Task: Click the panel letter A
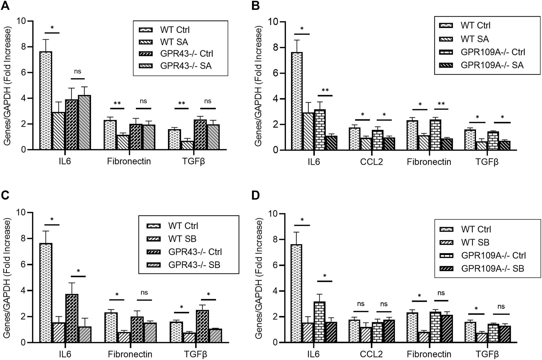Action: (x=5, y=6)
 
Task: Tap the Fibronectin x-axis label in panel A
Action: (x=129, y=161)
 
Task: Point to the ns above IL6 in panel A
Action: (x=78, y=72)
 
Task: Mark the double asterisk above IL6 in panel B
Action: (x=325, y=90)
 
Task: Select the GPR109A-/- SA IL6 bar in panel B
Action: (x=331, y=143)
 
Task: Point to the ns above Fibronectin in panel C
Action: (x=144, y=293)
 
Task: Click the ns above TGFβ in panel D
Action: (x=501, y=307)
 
